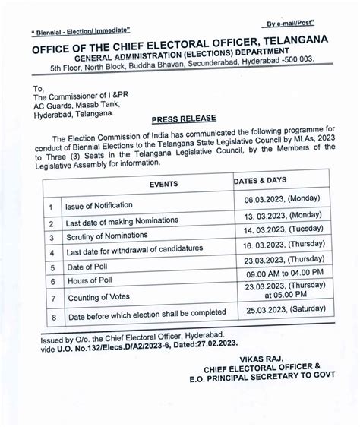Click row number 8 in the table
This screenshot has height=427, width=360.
(51, 314)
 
